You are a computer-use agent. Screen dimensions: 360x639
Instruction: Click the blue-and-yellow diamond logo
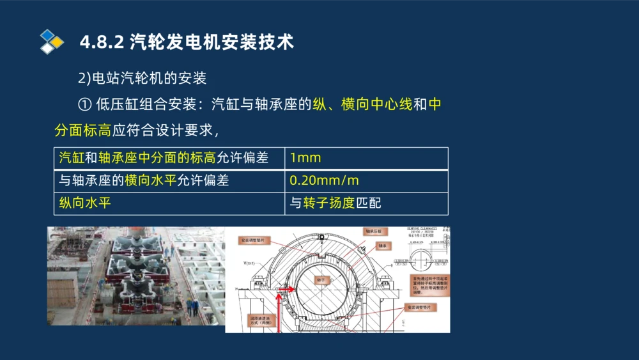51,42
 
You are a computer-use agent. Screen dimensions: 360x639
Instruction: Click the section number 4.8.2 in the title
102,42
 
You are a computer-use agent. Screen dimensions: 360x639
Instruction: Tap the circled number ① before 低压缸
84,104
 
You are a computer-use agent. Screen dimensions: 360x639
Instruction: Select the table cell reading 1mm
366,158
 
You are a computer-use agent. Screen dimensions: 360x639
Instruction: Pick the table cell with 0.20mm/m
366,181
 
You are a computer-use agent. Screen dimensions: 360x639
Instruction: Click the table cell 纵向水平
169,203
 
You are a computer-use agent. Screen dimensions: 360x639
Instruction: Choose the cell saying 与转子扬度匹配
366,203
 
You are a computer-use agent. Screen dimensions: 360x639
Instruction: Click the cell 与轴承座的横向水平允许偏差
169,181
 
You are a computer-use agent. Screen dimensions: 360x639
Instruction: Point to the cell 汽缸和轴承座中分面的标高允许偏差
169,158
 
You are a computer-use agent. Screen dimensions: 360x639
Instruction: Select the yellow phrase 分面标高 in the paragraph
83,131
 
